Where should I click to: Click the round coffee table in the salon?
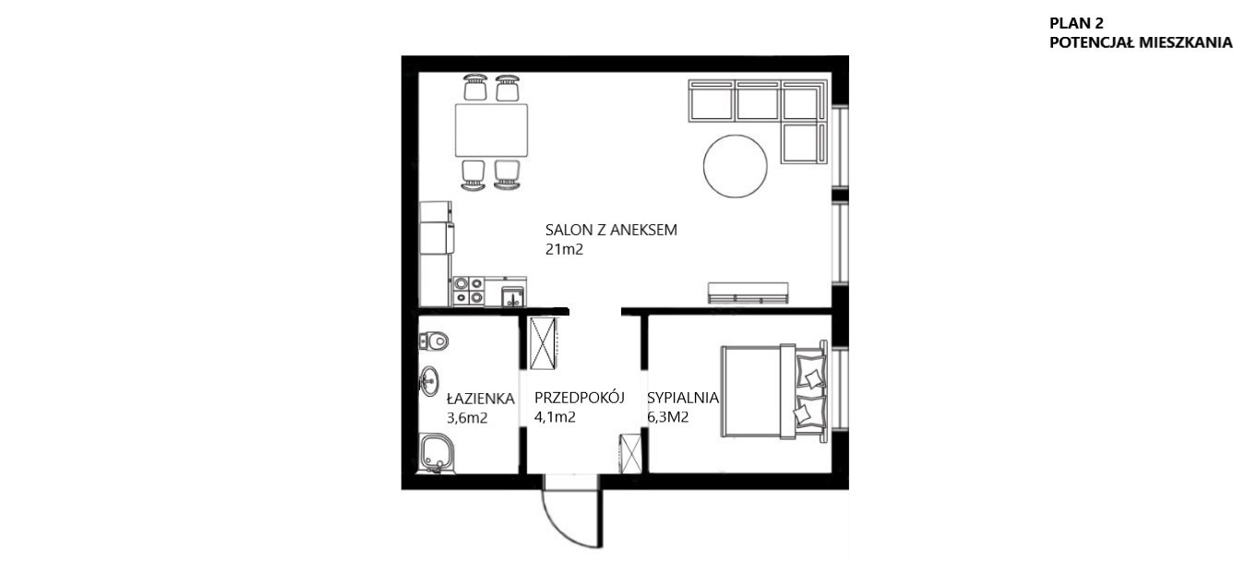tap(736, 166)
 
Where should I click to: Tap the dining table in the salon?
tap(491, 130)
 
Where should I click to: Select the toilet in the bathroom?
tap(433, 340)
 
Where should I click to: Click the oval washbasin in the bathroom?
tap(429, 381)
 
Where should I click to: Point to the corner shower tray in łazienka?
tap(437, 454)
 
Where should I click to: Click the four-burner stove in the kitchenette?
tap(468, 292)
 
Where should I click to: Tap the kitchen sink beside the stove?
tap(513, 296)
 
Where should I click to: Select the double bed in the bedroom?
tap(774, 392)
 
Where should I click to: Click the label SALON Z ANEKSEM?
tap(611, 231)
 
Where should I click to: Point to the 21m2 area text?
tap(564, 250)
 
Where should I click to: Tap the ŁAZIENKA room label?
tap(480, 399)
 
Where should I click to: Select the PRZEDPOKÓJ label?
tap(579, 398)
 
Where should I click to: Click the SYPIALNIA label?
tap(682, 399)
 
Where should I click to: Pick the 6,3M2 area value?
tap(667, 417)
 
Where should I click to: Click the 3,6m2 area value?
tap(467, 418)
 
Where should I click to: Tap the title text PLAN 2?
tap(1076, 23)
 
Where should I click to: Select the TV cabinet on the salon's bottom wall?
tap(749, 293)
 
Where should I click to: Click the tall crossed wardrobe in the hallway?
tap(543, 343)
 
